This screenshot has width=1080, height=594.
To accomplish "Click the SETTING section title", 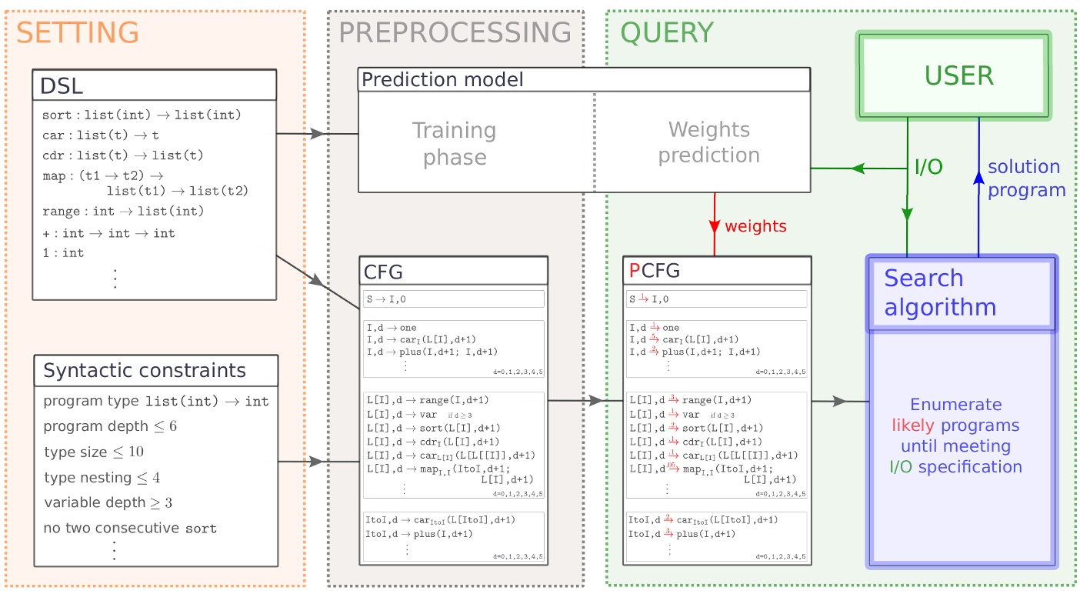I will click(78, 33).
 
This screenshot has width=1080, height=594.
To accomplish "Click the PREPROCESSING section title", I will click(455, 33).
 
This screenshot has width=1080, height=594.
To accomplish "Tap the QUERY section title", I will click(667, 33).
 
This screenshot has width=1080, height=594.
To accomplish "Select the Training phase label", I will click(454, 144).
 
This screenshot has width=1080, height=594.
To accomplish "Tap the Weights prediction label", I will click(708, 142).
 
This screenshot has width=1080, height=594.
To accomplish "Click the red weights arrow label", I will click(755, 226).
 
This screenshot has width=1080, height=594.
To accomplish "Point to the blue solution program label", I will click(1025, 179).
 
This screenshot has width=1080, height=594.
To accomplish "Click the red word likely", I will click(912, 425).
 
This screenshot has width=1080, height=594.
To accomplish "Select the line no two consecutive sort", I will click(130, 529).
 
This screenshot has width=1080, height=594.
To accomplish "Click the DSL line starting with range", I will click(123, 212).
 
